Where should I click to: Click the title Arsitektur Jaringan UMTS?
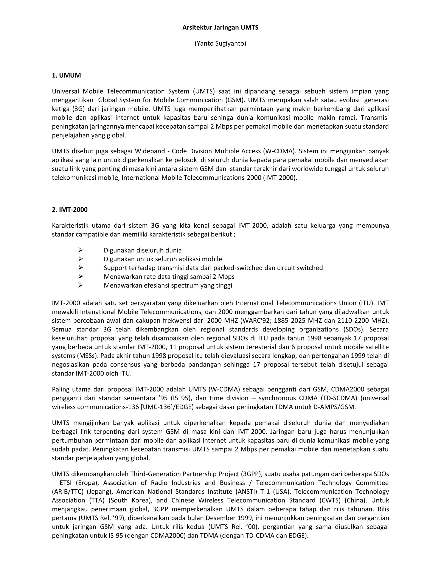pos(220,28)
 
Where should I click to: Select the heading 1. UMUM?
pos(66,75)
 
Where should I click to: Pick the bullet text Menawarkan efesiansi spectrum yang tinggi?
pos(168,285)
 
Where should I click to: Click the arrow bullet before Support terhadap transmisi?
pos(81,268)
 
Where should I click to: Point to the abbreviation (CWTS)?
pos(330,500)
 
